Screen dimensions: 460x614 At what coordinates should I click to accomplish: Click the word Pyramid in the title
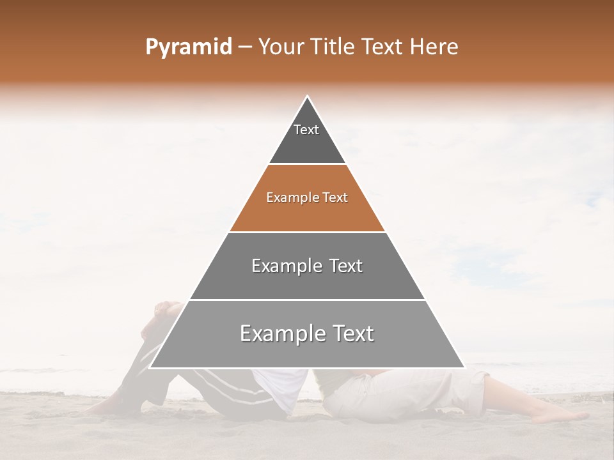click(188, 47)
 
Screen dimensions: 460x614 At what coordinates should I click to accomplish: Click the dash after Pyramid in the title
click(244, 47)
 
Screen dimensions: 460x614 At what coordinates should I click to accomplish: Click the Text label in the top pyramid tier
click(306, 130)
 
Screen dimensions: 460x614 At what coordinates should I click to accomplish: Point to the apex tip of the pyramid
click(307, 96)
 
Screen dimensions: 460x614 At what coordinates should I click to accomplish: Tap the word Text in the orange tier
click(335, 197)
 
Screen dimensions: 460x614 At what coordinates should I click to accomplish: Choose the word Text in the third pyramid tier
click(344, 266)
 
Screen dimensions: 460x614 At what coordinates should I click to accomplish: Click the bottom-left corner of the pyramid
click(150, 367)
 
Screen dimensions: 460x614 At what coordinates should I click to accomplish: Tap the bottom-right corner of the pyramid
click(464, 367)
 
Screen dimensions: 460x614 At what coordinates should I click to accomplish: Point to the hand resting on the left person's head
click(168, 309)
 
